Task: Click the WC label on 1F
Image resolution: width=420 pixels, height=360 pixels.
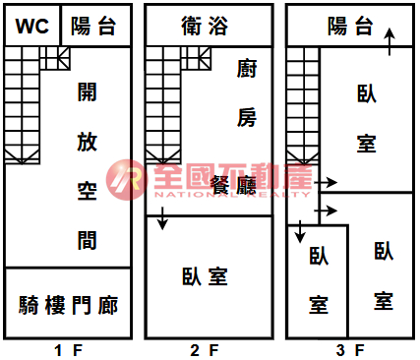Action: click(x=32, y=26)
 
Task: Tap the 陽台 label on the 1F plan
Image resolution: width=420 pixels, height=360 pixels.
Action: click(x=93, y=26)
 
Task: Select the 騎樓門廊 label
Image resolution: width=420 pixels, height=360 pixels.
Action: click(x=68, y=305)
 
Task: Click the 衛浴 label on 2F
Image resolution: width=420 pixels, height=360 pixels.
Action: click(x=205, y=26)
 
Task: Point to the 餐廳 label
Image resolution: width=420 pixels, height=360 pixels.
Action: click(x=233, y=185)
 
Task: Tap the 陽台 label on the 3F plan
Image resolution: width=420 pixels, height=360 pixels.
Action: click(x=350, y=26)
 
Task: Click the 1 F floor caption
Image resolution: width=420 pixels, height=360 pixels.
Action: click(x=68, y=350)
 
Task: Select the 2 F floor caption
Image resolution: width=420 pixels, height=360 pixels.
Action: click(x=205, y=350)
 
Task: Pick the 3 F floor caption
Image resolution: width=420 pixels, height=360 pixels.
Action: click(x=350, y=350)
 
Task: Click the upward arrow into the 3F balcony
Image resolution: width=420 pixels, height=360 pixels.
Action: click(x=390, y=42)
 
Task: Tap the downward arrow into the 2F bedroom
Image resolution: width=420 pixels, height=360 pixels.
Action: click(x=162, y=218)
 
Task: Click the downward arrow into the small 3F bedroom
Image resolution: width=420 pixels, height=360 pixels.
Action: click(x=300, y=231)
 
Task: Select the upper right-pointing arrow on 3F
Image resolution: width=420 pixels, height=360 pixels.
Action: click(x=326, y=182)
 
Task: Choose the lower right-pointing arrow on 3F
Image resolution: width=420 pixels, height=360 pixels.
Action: click(x=326, y=210)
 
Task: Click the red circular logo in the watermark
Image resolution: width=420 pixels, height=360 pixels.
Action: click(x=127, y=180)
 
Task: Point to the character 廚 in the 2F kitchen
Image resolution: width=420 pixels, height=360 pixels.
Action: click(x=247, y=68)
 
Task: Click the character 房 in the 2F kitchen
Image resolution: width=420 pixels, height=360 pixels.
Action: click(x=247, y=117)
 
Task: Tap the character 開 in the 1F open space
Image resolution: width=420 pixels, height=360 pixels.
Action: click(x=88, y=91)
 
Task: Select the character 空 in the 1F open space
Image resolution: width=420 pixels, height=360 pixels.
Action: click(x=88, y=191)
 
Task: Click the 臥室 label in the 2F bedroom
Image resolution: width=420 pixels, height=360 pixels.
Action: click(x=205, y=276)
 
